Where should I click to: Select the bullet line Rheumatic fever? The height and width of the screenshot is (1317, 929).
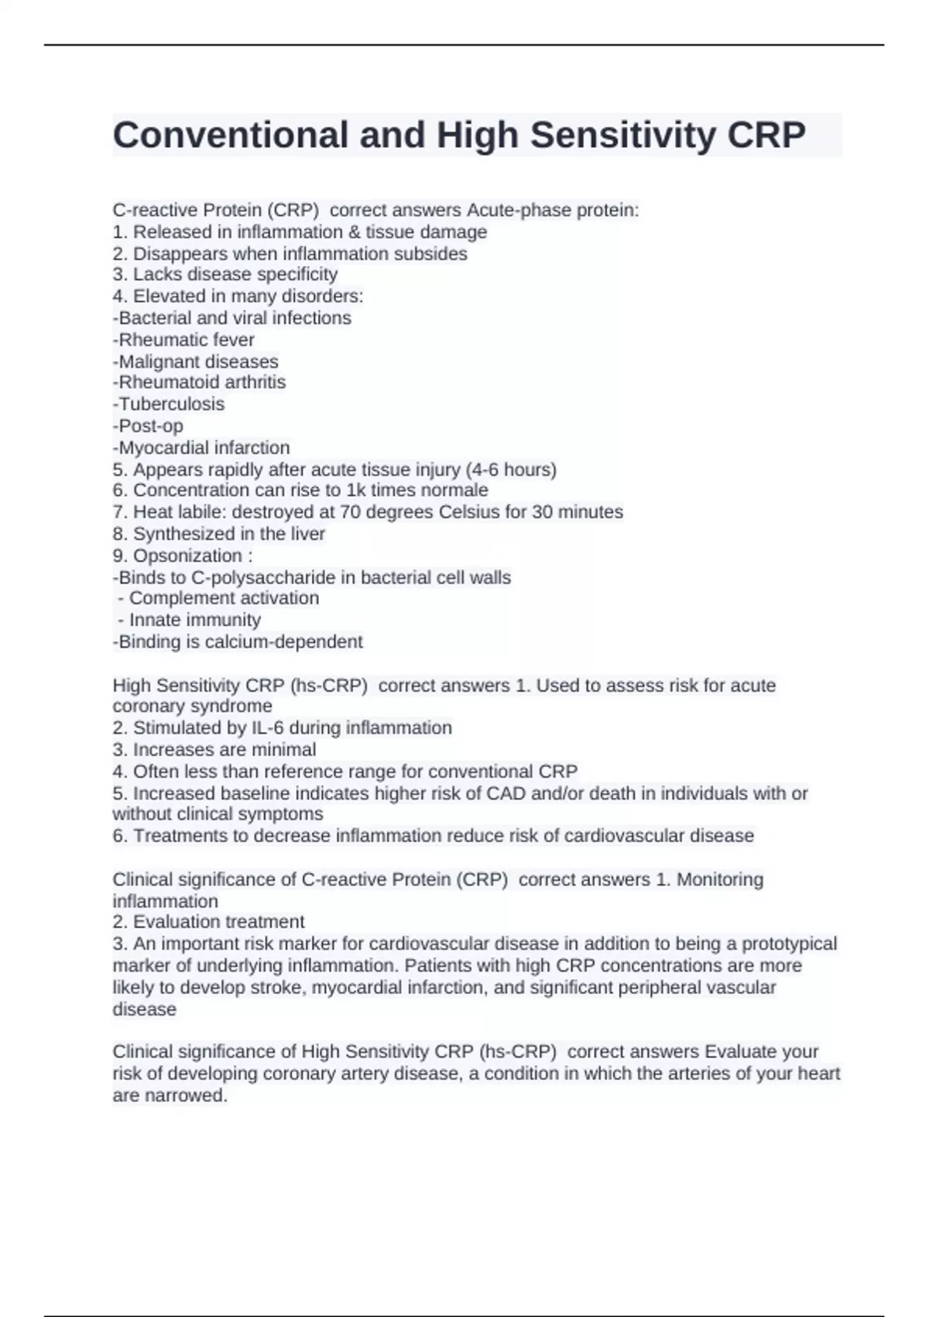[x=183, y=339]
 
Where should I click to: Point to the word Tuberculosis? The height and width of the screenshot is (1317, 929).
[x=171, y=404]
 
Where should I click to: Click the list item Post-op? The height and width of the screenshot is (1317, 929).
[x=148, y=425]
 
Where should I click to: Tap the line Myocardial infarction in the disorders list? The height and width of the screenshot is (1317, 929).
[x=201, y=447]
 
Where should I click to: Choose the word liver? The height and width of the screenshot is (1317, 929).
[x=307, y=533]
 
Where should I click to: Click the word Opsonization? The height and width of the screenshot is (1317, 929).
[x=187, y=555]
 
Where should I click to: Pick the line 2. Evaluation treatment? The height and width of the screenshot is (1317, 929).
[x=208, y=921]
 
